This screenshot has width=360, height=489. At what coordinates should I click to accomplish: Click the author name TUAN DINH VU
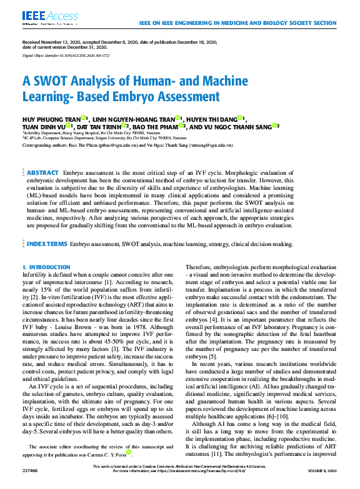[x=41, y=126]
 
